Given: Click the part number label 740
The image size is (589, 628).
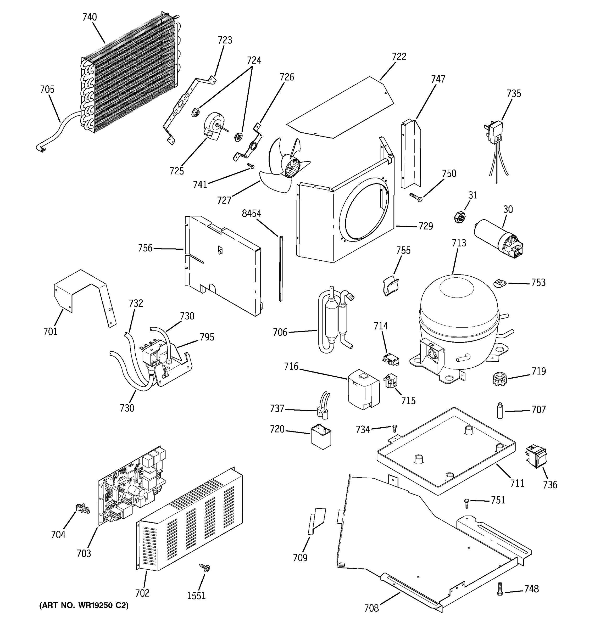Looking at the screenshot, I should tap(90, 17).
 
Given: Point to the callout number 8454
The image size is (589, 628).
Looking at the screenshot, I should tap(252, 214).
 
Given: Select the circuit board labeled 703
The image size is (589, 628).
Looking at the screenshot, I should tap(131, 486).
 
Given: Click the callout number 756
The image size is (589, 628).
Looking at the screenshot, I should tap(145, 248).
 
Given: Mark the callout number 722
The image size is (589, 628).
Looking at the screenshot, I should tap(399, 57).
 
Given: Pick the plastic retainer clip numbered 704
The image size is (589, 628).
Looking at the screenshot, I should tap(82, 509).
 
